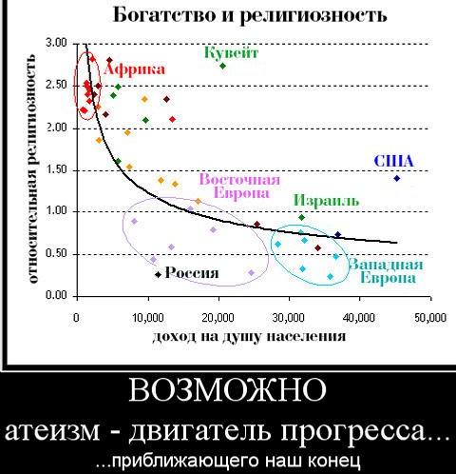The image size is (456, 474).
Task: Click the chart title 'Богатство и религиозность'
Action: click(x=250, y=15)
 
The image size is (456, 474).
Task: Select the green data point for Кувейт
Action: click(x=222, y=66)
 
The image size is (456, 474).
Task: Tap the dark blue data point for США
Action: click(x=397, y=178)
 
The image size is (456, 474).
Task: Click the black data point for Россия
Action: click(x=158, y=274)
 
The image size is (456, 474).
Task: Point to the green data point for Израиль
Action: click(x=301, y=217)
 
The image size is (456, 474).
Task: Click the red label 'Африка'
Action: click(x=135, y=69)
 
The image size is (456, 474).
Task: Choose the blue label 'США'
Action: click(x=393, y=161)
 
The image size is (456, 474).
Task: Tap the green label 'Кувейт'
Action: click(x=231, y=52)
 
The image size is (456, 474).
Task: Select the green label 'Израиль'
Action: click(x=327, y=200)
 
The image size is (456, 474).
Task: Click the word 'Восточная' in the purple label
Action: click(x=239, y=180)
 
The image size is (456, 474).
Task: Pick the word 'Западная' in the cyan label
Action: click(x=386, y=264)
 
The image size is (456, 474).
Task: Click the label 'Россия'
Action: click(x=192, y=273)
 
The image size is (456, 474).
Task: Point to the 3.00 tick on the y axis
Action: click(x=57, y=43)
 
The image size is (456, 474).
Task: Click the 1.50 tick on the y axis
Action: click(x=57, y=170)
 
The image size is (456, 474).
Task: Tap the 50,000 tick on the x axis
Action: click(x=430, y=317)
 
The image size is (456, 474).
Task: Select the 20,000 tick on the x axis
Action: click(x=218, y=317)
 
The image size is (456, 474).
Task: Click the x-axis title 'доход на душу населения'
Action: click(x=249, y=337)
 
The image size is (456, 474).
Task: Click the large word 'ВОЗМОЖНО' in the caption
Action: click(x=227, y=389)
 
